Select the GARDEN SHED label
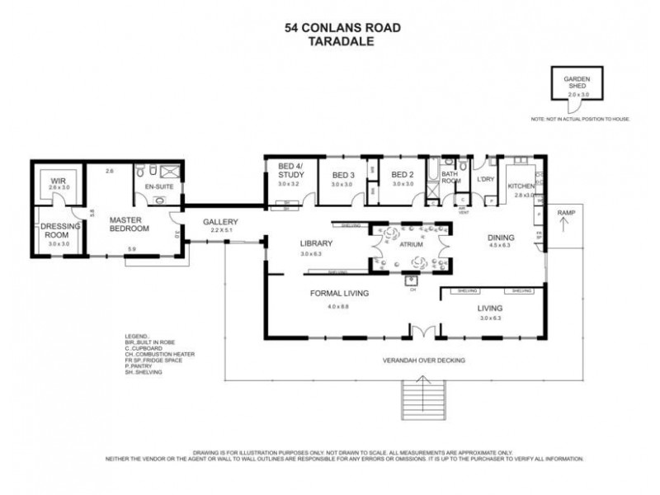tap(577, 82)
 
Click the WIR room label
tap(58, 181)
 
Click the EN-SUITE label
tap(157, 188)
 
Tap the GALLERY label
tap(221, 222)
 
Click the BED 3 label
tap(342, 175)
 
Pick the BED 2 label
tap(402, 175)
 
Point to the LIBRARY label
tap(315, 243)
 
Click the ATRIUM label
tap(410, 245)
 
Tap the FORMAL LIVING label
tap(338, 294)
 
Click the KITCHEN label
tap(521, 186)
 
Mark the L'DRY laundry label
tap(484, 179)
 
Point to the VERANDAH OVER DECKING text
tap(425, 361)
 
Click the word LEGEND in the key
tap(136, 337)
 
